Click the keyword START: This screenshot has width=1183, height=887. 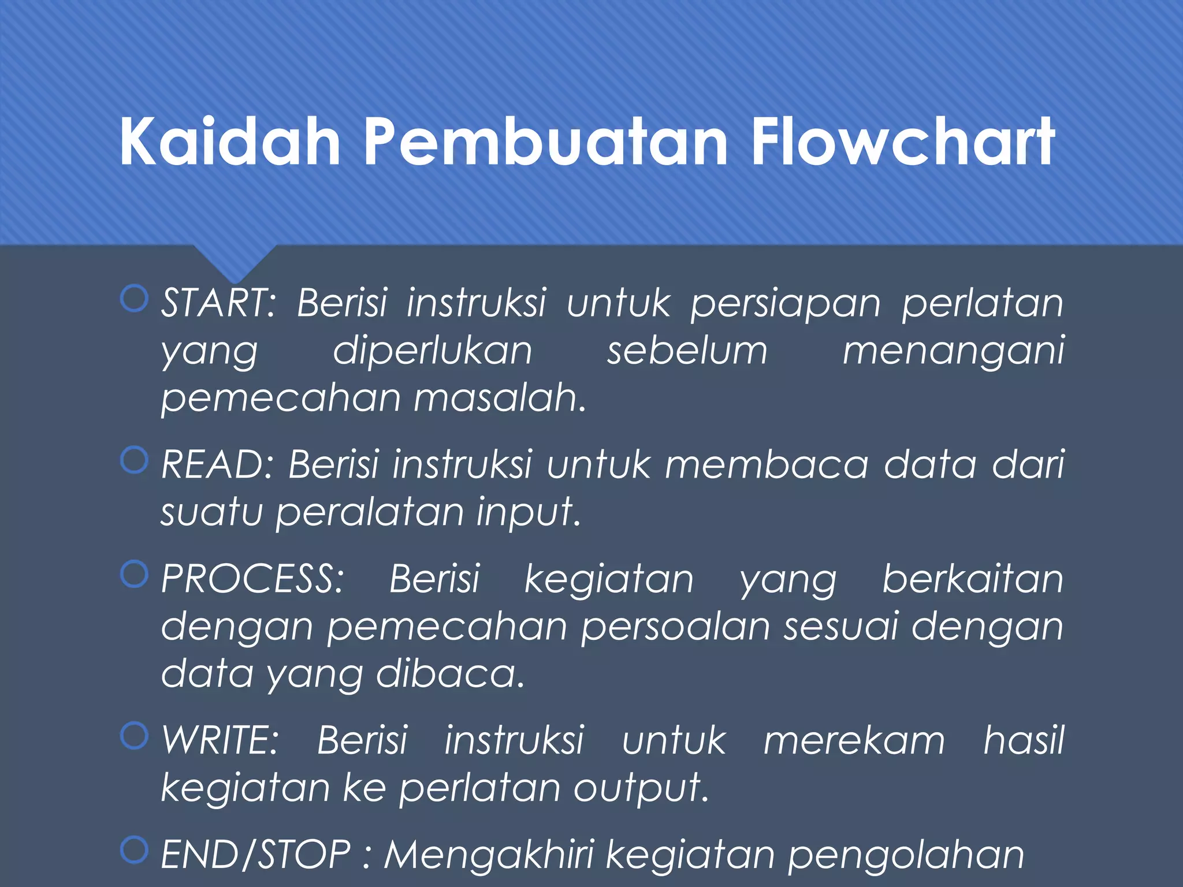[219, 303]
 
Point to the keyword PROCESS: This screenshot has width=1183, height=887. [252, 579]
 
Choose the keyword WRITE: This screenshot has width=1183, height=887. [220, 740]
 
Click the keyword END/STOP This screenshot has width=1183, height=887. [256, 855]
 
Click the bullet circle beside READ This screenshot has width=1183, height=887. [135, 460]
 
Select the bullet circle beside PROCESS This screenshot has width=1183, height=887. [135, 574]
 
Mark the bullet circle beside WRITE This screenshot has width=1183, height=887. [135, 736]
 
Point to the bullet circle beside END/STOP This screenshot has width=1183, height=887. [135, 850]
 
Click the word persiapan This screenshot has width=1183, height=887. [786, 304]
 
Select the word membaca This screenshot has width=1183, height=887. [767, 464]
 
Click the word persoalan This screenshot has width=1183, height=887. [676, 627]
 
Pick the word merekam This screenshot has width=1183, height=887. [854, 741]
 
